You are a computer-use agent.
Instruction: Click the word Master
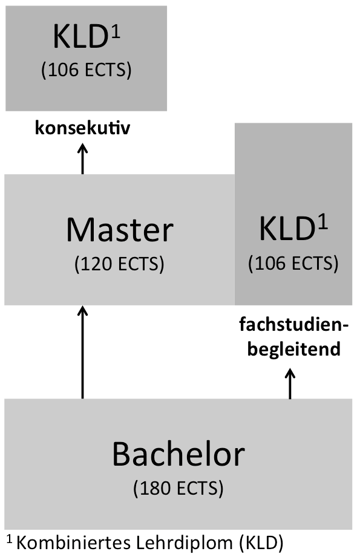click(x=120, y=230)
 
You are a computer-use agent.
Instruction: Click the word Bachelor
click(x=178, y=454)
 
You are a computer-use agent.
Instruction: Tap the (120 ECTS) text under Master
click(x=119, y=264)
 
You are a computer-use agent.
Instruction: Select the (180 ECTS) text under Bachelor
click(x=178, y=488)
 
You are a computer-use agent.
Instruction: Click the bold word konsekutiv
click(x=82, y=128)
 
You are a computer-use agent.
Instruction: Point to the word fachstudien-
click(x=293, y=325)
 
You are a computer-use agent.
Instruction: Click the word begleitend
click(x=294, y=350)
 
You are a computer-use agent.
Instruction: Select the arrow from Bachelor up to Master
click(x=82, y=352)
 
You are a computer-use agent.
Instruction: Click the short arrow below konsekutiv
click(x=82, y=158)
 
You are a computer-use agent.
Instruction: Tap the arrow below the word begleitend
click(x=290, y=383)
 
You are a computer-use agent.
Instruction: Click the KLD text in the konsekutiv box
click(x=80, y=37)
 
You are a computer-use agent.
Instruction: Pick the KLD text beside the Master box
click(x=286, y=229)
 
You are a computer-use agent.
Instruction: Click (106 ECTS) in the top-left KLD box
click(x=87, y=70)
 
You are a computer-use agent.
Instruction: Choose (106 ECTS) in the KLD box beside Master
click(x=293, y=264)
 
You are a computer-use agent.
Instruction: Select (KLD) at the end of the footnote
click(x=261, y=544)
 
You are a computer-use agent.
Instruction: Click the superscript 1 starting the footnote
click(x=10, y=539)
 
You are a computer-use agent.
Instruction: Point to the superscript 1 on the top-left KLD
click(x=116, y=32)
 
